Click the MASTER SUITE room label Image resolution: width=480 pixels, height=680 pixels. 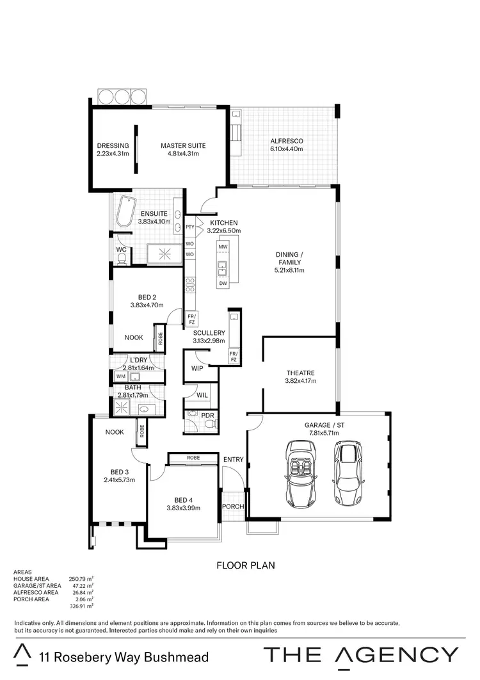[183, 145]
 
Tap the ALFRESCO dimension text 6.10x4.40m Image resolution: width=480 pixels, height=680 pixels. [286, 149]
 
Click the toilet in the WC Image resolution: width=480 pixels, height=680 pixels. [122, 258]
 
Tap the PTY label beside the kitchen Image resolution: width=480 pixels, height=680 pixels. [189, 227]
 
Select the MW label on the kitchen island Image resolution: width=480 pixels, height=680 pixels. [223, 247]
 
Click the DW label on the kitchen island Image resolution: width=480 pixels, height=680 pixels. [223, 282]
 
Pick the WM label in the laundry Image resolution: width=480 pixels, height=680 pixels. [120, 376]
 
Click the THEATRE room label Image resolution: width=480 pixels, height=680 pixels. [300, 373]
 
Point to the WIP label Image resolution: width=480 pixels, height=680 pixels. [197, 368]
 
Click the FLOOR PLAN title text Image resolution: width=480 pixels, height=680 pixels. [246, 565]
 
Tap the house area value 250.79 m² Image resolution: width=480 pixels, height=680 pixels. [81, 579]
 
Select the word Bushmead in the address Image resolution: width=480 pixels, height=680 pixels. [178, 657]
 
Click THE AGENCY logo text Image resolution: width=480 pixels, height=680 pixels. [361, 654]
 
